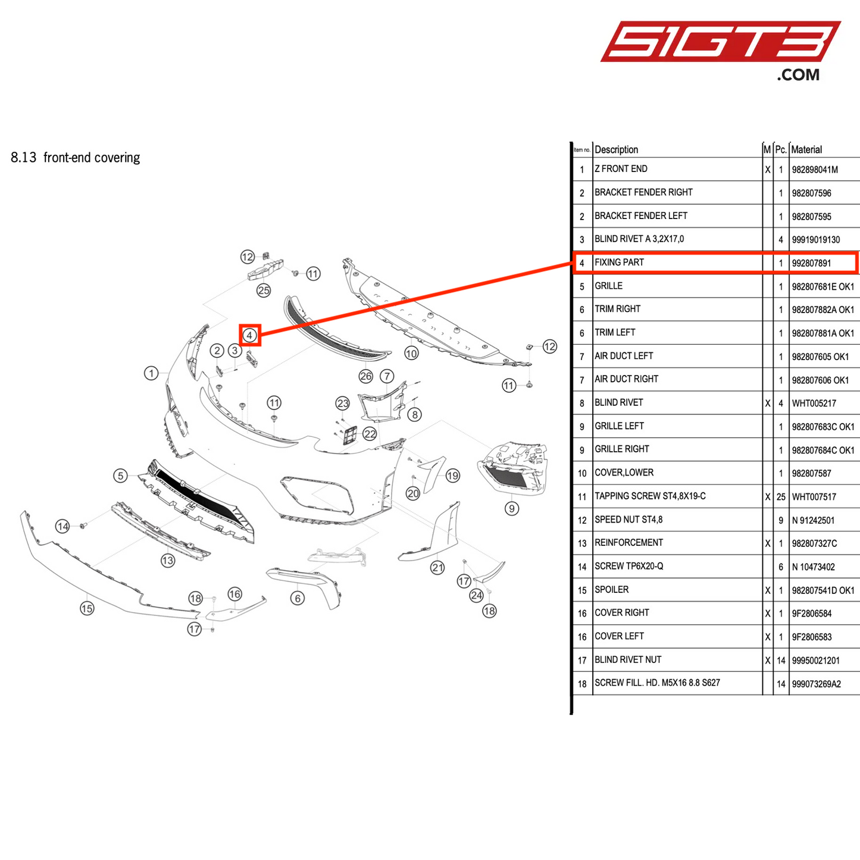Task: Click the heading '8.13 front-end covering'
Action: coord(76,158)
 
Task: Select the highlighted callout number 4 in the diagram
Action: coord(250,335)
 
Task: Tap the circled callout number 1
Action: coord(151,373)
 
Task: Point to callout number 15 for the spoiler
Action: coord(87,608)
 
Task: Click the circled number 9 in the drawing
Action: coord(511,508)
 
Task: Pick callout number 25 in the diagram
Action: coord(264,290)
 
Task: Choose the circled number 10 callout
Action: coord(411,354)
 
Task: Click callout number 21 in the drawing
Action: coord(437,567)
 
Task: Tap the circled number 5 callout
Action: coord(121,476)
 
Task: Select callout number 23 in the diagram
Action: coord(342,403)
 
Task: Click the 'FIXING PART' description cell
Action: coord(619,262)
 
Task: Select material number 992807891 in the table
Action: coord(811,263)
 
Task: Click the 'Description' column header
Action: coord(616,149)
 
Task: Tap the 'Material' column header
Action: coord(806,149)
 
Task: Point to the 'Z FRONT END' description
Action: coord(621,169)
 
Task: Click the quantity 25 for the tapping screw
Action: coord(781,496)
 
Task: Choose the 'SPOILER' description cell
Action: coord(611,590)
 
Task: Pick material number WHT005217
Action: coord(814,404)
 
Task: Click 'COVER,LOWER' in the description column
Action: coord(624,473)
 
